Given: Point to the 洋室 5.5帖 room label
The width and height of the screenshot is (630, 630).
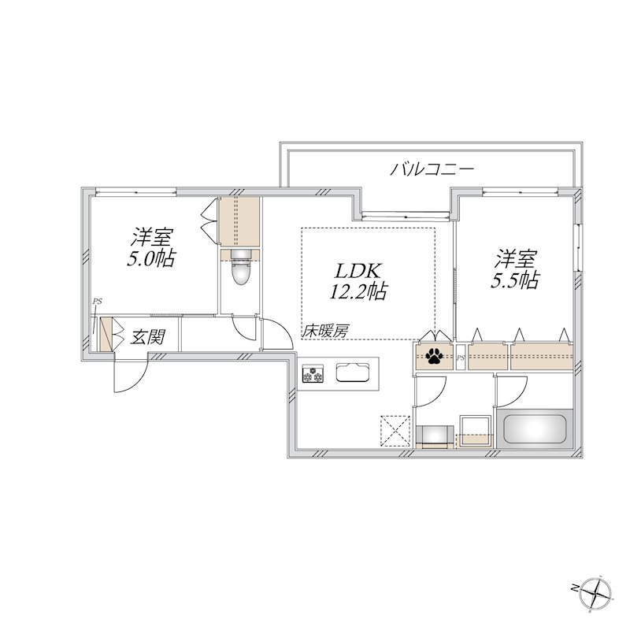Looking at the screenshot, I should coord(517,269).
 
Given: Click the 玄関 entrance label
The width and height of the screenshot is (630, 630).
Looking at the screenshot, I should coord(146,338).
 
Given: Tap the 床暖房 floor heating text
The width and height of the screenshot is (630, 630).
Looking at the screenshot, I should coord(325,332).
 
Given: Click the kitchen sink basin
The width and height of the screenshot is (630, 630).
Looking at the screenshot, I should coord(355,372).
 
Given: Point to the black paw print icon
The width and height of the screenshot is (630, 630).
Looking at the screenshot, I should coord(433,358).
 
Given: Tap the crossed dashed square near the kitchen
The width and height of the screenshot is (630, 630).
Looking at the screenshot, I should coord(393,429).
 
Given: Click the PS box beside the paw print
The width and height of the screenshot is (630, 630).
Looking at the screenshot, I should coord(461,358).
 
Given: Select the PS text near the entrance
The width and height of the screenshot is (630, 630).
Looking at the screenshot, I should coord(97,301).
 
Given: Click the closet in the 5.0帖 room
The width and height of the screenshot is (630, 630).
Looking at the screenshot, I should coord(239,221).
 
